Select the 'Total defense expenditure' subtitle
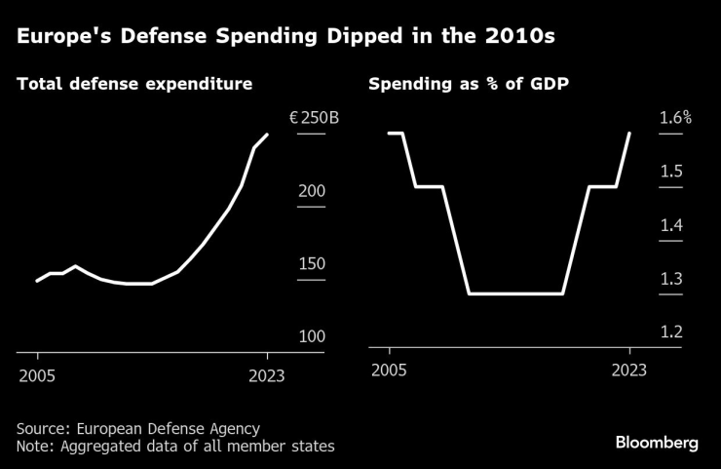(134, 85)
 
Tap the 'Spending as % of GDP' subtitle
(469, 85)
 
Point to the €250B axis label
(314, 118)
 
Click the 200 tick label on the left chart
(312, 191)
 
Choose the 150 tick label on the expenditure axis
(312, 264)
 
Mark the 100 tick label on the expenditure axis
(312, 336)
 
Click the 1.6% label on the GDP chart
(675, 118)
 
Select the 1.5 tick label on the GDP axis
(671, 172)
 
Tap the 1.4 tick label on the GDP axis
(671, 225)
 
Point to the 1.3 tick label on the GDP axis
(671, 279)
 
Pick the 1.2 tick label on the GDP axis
(671, 332)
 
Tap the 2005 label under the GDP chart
(389, 370)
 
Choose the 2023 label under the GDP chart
(629, 370)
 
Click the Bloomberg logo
(657, 443)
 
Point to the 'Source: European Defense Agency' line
(137, 428)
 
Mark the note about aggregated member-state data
(175, 447)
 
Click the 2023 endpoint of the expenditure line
(268, 135)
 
